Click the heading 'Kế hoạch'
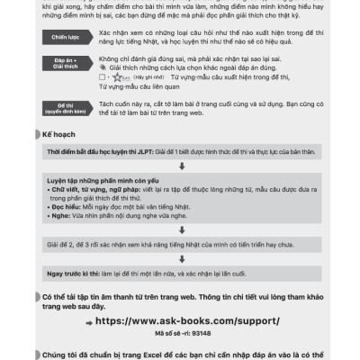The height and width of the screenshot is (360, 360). click(64, 135)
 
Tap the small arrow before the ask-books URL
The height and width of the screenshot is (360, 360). click(87, 319)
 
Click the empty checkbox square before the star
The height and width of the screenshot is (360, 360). click(98, 78)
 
